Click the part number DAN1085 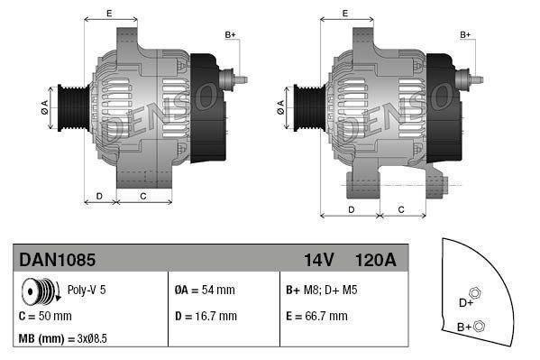click(x=58, y=260)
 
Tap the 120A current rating click(x=377, y=260)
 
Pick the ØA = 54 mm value click(x=206, y=291)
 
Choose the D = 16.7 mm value click(x=206, y=316)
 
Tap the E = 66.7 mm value click(x=316, y=316)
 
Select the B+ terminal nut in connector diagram click(x=480, y=326)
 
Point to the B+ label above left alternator click(x=230, y=34)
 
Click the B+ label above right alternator click(x=466, y=34)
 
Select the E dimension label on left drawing click(x=109, y=13)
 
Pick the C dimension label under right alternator click(x=400, y=209)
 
